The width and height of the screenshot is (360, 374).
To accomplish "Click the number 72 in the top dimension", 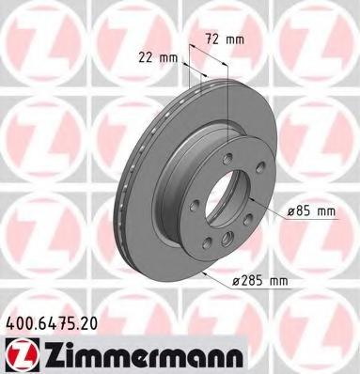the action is [212, 39].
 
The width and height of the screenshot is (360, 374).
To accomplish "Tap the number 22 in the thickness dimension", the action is [146, 57].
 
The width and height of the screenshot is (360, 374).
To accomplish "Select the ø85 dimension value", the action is [300, 211].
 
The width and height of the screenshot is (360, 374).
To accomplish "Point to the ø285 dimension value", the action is [248, 281].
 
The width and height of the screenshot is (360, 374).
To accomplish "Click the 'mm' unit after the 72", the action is [235, 40].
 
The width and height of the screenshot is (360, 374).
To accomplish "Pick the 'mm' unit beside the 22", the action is [168, 58].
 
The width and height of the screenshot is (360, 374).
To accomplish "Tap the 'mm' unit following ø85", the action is [326, 212].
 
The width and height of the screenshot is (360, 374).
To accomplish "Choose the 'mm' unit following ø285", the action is [278, 282].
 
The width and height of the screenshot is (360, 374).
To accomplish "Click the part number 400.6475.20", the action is [52, 322].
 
